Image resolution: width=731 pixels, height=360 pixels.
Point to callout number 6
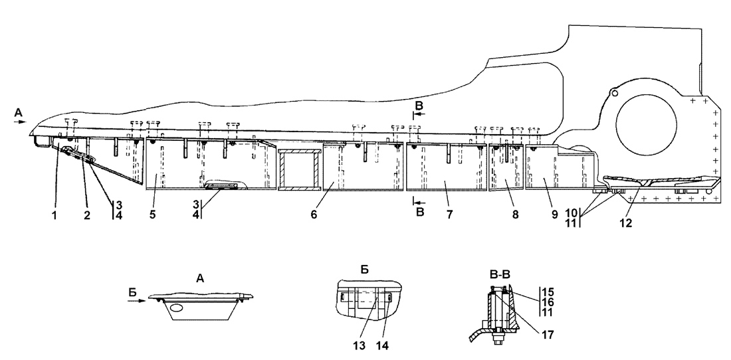coord(313,216)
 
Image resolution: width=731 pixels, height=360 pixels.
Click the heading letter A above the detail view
coord(199,280)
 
